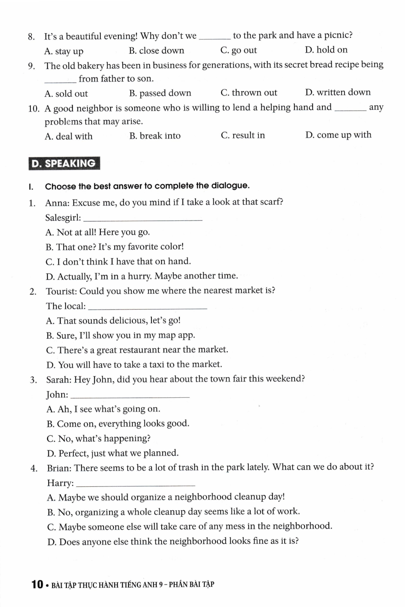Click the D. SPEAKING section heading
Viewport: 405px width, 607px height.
pos(64,163)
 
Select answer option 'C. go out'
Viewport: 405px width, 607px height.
pos(239,50)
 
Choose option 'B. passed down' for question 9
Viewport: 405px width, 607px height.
pos(160,93)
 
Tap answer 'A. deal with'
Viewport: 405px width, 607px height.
pos(68,136)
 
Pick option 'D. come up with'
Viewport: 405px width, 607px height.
pos(338,135)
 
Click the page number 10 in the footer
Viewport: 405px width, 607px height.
pos(37,584)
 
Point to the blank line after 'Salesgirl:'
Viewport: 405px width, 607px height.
pos(145,219)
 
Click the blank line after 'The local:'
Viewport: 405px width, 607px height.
pos(147,308)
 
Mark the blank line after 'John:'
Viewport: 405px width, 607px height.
pos(132,396)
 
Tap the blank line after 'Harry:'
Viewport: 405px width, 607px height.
pos(135,484)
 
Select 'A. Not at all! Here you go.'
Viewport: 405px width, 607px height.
pos(98,232)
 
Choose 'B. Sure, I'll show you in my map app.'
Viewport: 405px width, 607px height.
pos(120,335)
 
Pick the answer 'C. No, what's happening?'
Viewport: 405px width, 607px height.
pos(98,438)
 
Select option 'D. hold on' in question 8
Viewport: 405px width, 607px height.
pos(326,50)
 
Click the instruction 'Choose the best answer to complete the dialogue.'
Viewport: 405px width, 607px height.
pos(147,186)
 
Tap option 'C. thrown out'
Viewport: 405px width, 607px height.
pos(249,93)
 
